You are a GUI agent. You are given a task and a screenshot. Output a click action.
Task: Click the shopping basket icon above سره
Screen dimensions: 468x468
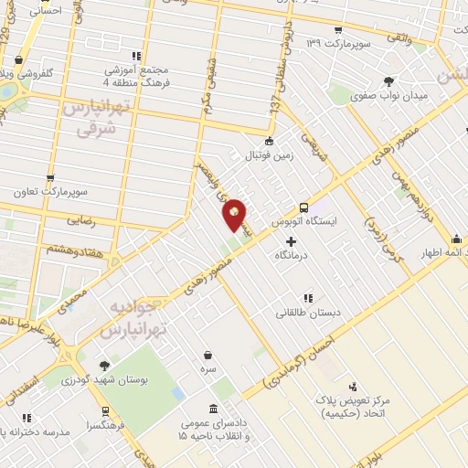208,356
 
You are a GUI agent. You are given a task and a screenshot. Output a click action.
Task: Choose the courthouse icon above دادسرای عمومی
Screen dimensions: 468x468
213,409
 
